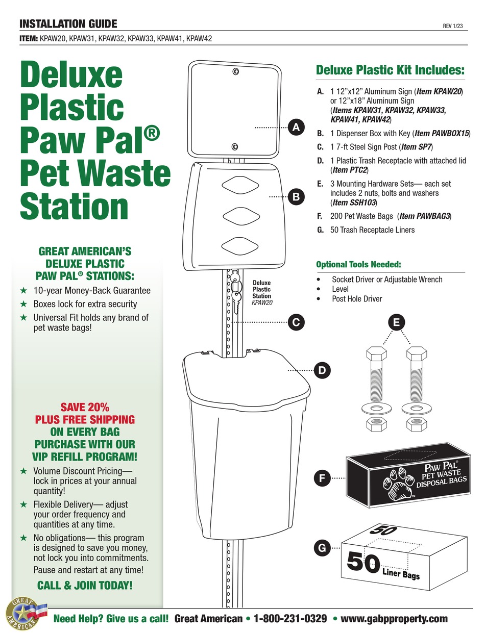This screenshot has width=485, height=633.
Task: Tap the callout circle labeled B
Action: pos(296,196)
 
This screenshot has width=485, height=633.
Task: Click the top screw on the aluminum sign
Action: pos(235,72)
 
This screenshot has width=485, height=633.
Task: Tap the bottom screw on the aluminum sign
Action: pos(234,147)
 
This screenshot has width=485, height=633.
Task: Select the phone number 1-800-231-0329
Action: pos(290,619)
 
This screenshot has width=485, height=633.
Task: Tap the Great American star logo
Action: pos(23,612)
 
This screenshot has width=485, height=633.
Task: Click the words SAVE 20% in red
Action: pos(85,408)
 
